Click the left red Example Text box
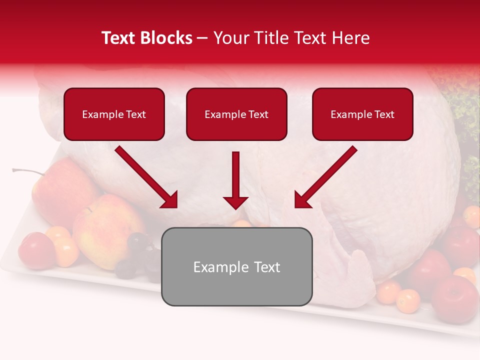114,114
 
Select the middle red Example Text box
236,114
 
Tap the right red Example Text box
362,114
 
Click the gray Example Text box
236,267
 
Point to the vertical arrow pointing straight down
235,180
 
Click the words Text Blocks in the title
147,38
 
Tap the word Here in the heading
351,38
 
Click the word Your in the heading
230,38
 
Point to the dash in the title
202,38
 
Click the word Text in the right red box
384,114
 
